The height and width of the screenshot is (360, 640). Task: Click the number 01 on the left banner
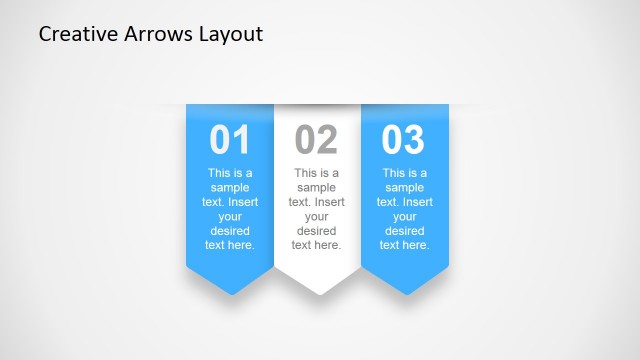pyautogui.click(x=230, y=141)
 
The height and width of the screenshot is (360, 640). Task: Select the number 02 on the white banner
pyautogui.click(x=317, y=141)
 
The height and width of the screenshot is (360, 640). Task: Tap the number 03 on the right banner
pyautogui.click(x=404, y=141)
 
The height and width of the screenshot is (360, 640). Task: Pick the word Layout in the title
pyautogui.click(x=229, y=35)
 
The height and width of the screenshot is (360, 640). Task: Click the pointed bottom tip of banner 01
pyautogui.click(x=230, y=293)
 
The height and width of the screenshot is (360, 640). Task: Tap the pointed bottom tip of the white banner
pyautogui.click(x=318, y=293)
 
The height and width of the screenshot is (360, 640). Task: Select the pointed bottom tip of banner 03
pyautogui.click(x=405, y=293)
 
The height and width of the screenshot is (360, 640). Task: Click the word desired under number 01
pyautogui.click(x=230, y=230)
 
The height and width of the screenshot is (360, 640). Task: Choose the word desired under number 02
pyautogui.click(x=317, y=230)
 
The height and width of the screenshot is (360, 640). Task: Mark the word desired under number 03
pyautogui.click(x=404, y=230)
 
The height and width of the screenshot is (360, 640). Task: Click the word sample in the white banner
pyautogui.click(x=317, y=187)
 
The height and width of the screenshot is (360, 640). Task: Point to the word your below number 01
pyautogui.click(x=230, y=216)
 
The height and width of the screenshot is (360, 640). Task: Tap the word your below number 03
pyautogui.click(x=404, y=216)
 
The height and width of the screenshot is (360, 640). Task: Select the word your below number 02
pyautogui.click(x=317, y=216)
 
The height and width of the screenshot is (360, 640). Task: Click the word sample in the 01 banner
pyautogui.click(x=230, y=187)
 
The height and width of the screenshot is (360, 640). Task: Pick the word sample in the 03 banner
pyautogui.click(x=404, y=187)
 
